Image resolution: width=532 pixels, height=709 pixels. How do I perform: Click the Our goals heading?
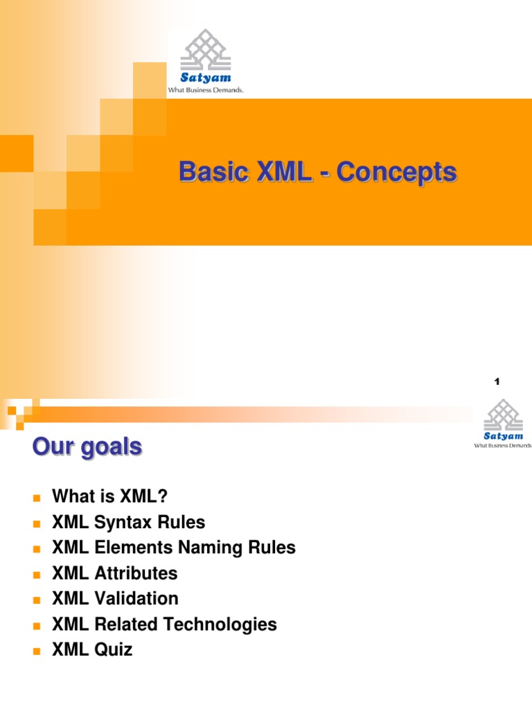point(87,447)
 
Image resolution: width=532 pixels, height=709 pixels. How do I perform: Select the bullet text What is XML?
point(110,496)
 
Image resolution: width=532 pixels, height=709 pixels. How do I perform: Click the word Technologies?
point(225,624)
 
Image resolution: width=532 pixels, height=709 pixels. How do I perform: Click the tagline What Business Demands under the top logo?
point(206,90)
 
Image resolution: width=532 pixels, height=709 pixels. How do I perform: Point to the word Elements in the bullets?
point(124,548)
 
